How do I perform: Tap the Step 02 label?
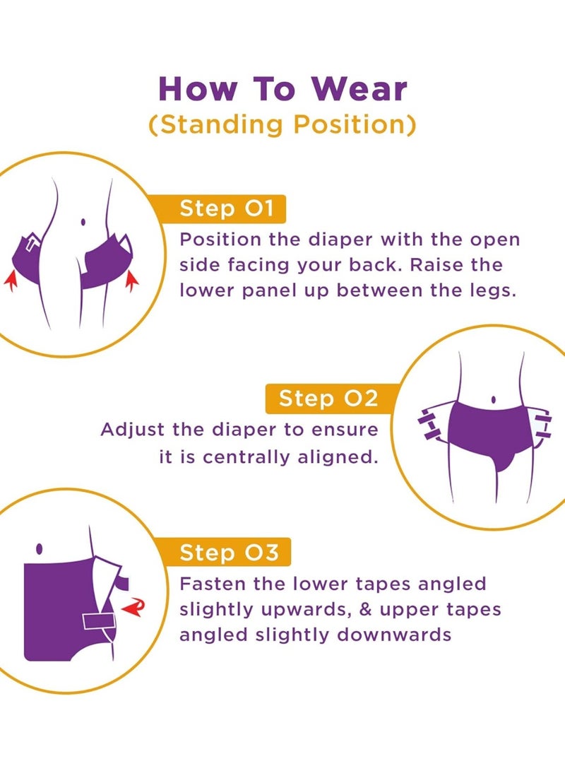[328, 399]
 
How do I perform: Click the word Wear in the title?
[359, 89]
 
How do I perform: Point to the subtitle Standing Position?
[282, 124]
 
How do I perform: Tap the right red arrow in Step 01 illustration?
[131, 280]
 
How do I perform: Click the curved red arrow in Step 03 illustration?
[133, 607]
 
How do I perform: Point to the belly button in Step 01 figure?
[83, 222]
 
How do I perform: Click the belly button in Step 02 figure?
[493, 400]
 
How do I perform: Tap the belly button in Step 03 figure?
[40, 548]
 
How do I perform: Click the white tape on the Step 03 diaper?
[99, 621]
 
